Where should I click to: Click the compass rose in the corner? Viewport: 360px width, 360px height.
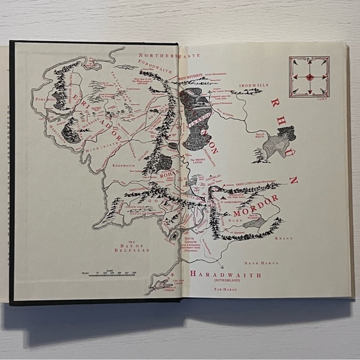pyautogui.click(x=308, y=76)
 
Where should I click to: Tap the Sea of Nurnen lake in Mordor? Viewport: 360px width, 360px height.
pyautogui.click(x=257, y=221)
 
